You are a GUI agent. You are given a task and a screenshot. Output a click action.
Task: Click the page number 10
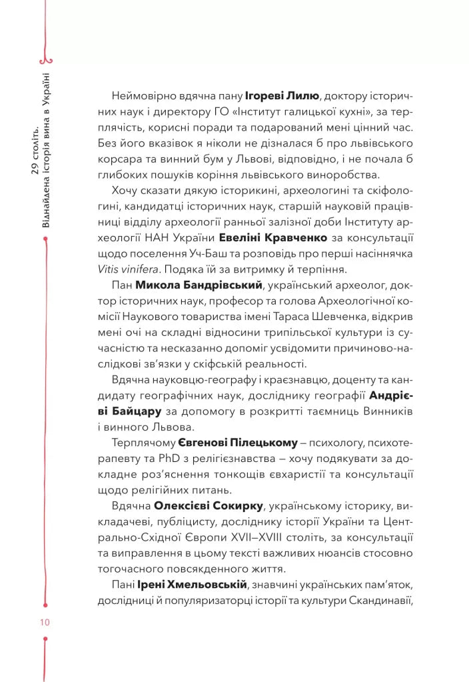(x=45, y=623)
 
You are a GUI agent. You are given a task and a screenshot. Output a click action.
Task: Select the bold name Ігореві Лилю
(x=284, y=95)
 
